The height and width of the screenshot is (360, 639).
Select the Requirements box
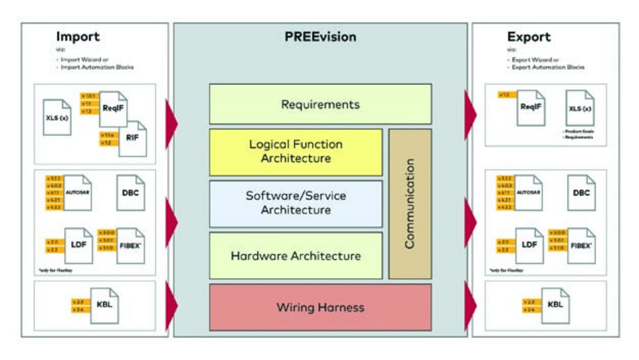tap(320, 104)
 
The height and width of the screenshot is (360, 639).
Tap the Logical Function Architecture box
tap(295, 152)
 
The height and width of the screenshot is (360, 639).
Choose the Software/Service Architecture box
tap(295, 203)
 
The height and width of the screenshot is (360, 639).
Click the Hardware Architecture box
tap(295, 256)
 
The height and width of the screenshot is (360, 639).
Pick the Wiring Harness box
tap(320, 307)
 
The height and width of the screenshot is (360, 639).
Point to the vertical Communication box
tap(410, 203)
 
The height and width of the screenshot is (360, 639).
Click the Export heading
tap(528, 36)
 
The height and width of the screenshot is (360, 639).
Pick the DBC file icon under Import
tap(130, 192)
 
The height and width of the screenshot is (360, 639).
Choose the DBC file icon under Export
tap(581, 192)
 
